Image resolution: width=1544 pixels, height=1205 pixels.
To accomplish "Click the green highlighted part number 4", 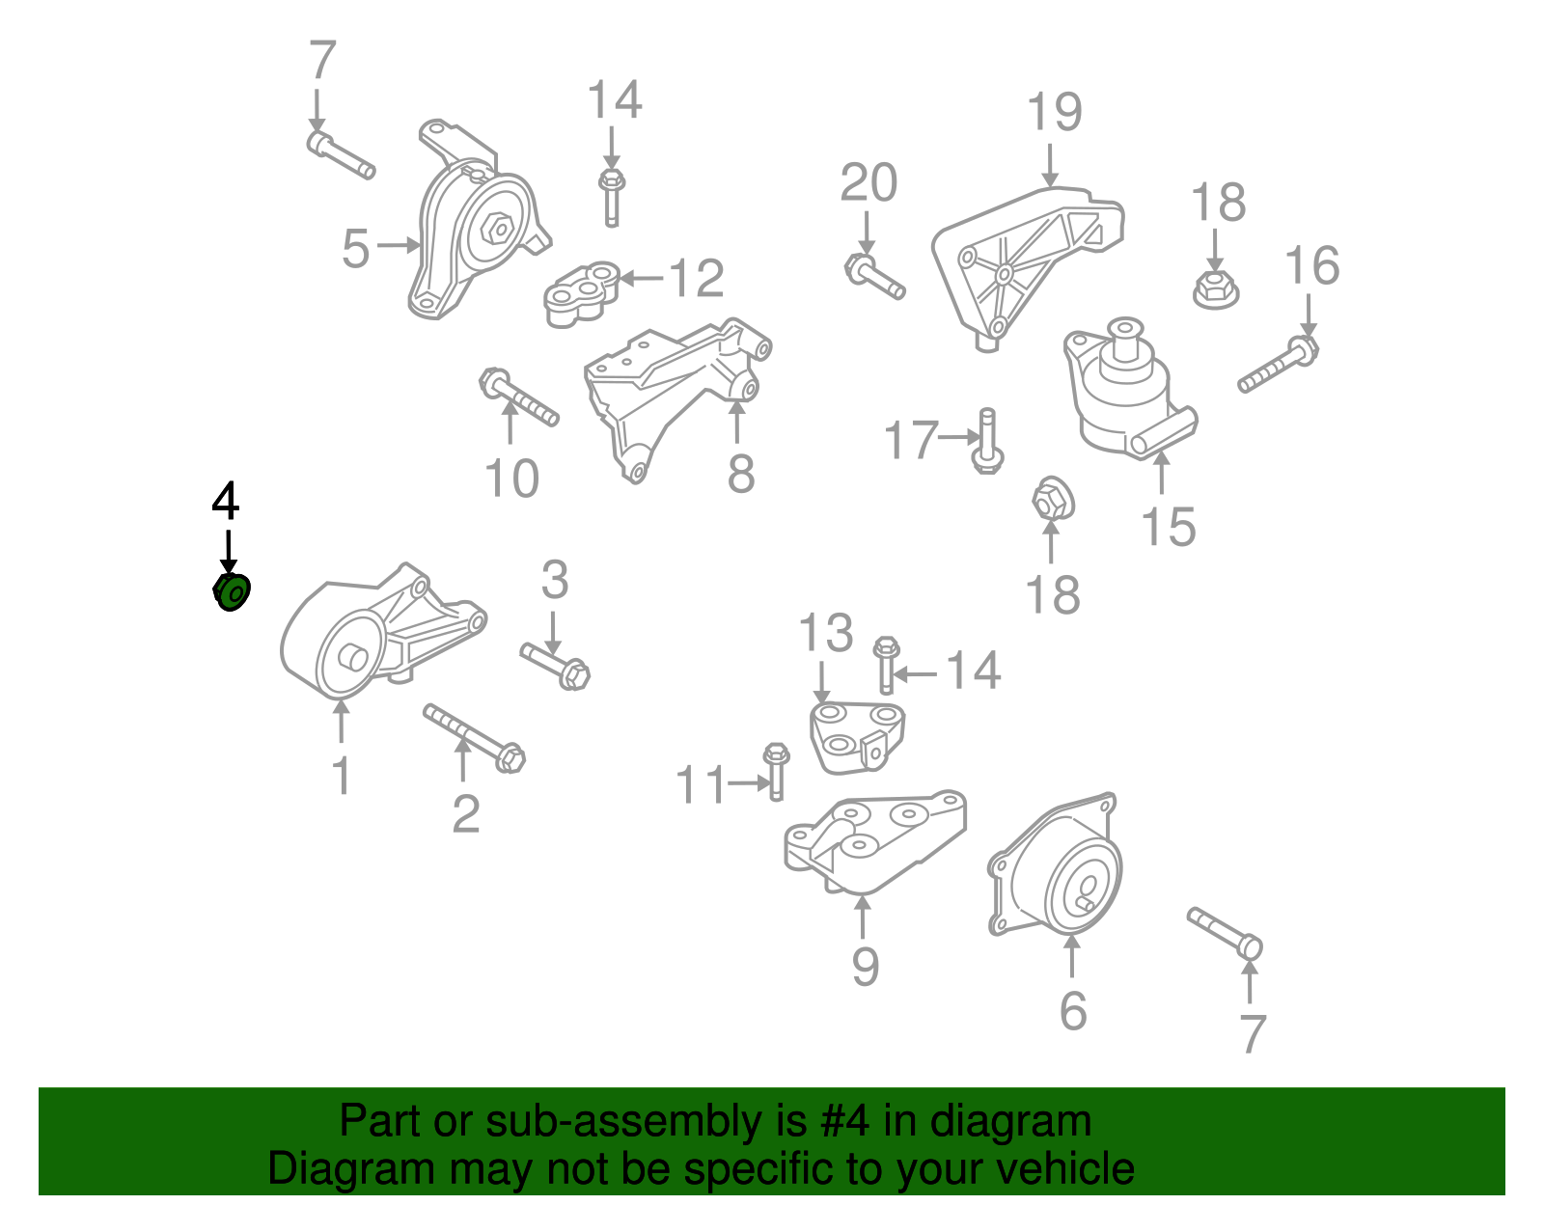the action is click(x=232, y=592).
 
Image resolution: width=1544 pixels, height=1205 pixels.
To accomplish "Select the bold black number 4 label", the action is click(x=225, y=500).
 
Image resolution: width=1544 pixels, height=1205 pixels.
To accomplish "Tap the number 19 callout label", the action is click(x=1055, y=112).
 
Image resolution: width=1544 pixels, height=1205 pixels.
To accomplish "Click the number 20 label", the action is click(x=868, y=183).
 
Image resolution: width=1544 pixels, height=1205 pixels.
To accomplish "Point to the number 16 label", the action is click(x=1311, y=265).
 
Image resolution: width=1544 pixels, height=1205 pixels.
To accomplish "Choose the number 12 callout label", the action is click(x=697, y=278).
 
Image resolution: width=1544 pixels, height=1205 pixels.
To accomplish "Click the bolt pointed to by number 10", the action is click(x=519, y=397).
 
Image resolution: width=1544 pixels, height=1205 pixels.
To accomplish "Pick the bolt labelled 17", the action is click(x=987, y=441).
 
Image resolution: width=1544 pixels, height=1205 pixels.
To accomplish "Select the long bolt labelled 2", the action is click(x=475, y=738).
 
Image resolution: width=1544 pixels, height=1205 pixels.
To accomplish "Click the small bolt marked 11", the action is click(x=776, y=772).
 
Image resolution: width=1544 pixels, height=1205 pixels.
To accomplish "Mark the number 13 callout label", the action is click(x=826, y=633).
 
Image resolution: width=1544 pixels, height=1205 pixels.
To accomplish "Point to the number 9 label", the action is click(x=865, y=967).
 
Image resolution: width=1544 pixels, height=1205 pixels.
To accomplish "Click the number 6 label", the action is click(x=1073, y=1010).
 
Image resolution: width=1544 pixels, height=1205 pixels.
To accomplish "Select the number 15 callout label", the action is click(x=1168, y=527).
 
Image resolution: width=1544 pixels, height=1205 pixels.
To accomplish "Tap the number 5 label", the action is click(x=355, y=249).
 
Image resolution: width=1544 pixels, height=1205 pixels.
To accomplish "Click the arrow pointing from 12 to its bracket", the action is click(x=642, y=279).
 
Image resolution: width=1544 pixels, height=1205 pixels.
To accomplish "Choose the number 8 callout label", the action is click(x=740, y=474).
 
